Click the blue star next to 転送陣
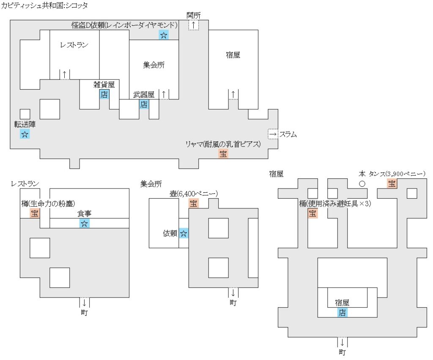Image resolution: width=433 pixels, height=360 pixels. coord(25,135)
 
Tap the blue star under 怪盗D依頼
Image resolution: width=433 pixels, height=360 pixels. coord(163,35)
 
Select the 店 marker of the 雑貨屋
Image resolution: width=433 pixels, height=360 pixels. coord(104,94)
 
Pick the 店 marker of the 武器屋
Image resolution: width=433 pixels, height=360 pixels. coord(144,104)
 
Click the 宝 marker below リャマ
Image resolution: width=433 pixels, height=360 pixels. coord(223,154)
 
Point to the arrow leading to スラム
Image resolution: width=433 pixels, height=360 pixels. coord(273,134)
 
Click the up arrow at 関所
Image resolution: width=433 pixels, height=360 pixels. coord(193,25)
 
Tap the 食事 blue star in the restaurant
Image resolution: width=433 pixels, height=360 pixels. coord(84,224)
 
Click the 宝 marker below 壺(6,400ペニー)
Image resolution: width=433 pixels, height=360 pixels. coord(193,203)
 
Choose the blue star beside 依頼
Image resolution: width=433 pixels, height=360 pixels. coord(184,233)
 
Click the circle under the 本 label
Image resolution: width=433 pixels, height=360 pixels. coord(362,184)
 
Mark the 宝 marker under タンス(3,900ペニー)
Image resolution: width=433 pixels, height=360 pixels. coord(392,184)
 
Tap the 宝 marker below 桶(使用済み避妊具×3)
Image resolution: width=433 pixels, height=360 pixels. coord(312,213)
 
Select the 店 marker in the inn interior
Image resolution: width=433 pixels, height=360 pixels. coord(342,313)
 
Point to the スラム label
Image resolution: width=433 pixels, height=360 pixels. coord(288,135)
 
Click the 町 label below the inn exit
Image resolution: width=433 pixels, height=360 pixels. coord(342,352)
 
